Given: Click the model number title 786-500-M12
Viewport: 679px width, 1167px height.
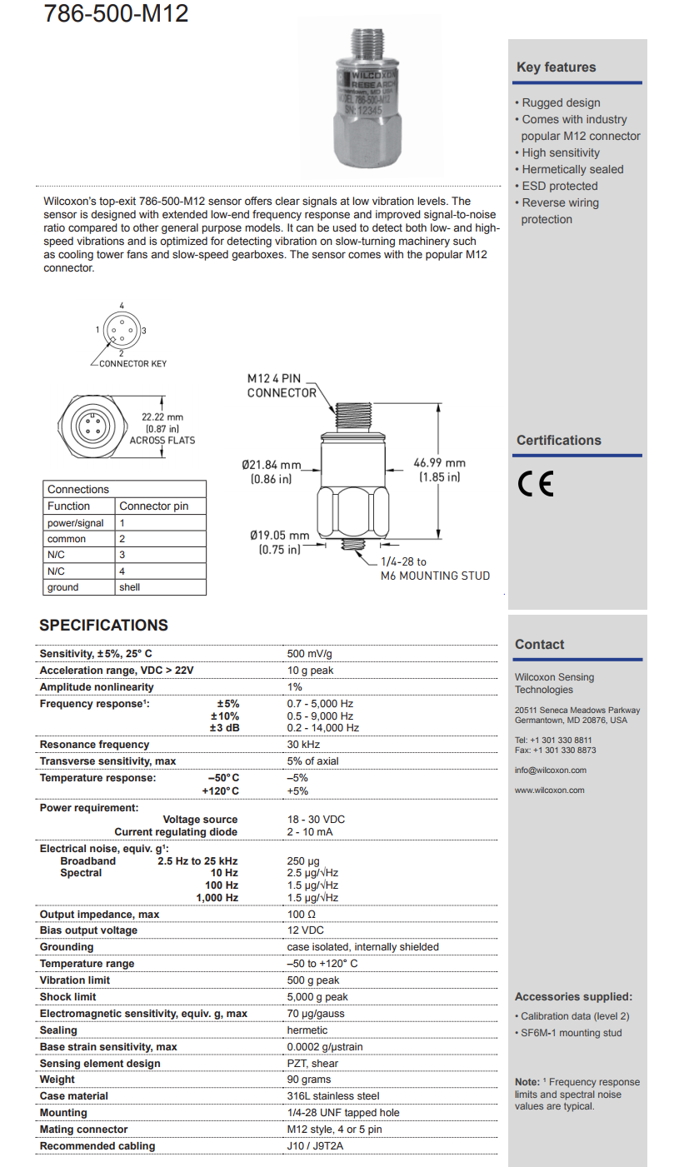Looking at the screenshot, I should pyautogui.click(x=117, y=13).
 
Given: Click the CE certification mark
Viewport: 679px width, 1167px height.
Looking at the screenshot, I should pyautogui.click(x=534, y=485).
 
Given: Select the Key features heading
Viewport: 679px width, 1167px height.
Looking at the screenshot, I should pyautogui.click(x=556, y=67).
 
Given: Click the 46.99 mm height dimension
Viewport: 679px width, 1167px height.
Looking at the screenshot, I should pyautogui.click(x=439, y=470).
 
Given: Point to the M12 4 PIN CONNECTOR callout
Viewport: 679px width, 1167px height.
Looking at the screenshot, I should pyautogui.click(x=282, y=386).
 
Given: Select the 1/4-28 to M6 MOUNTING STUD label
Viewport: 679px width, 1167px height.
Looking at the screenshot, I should pyautogui.click(x=435, y=569).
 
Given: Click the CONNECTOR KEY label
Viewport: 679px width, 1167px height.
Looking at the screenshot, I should pyautogui.click(x=132, y=364).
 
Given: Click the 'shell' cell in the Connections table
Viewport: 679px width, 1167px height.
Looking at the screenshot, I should pyautogui.click(x=130, y=587).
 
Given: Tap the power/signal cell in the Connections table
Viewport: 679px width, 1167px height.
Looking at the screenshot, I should pyautogui.click(x=76, y=523).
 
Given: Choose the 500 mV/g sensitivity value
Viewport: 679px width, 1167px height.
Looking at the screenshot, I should pyautogui.click(x=310, y=654).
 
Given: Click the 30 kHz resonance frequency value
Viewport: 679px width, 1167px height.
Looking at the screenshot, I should pyautogui.click(x=303, y=745).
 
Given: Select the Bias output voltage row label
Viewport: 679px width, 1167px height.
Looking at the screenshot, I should pyautogui.click(x=88, y=930).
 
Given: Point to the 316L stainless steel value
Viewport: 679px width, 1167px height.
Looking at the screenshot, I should pyautogui.click(x=333, y=1096).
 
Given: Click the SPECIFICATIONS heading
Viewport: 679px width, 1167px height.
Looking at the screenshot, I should pyautogui.click(x=104, y=626).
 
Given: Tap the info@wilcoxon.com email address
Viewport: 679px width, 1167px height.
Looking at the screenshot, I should pyautogui.click(x=551, y=771).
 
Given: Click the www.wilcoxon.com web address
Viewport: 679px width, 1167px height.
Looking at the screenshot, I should pyautogui.click(x=550, y=790).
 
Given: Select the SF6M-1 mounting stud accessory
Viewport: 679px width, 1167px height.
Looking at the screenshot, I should pyautogui.click(x=571, y=1033).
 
